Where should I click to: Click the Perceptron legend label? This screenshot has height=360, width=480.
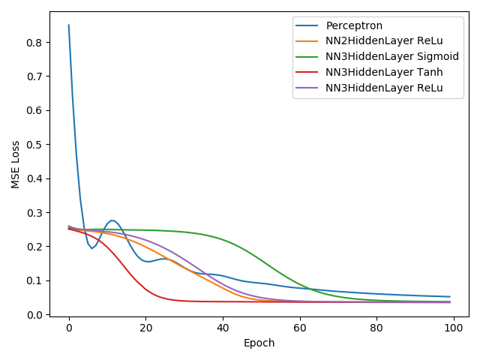pos(354,25)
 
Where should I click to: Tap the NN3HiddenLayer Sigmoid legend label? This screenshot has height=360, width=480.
pos(392,57)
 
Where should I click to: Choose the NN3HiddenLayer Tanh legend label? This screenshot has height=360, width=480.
pos(384,72)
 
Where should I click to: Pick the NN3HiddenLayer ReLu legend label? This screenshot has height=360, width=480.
pos(384,88)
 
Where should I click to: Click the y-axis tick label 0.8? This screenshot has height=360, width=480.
pos(34,43)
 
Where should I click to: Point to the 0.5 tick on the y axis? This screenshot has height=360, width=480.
pos(34,145)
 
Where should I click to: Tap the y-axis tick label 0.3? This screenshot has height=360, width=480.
pos(34,213)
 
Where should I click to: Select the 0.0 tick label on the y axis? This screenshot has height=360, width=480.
pos(34,315)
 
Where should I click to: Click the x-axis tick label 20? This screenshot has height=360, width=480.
pos(146,328)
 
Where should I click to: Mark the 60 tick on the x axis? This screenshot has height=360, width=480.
pos(300,328)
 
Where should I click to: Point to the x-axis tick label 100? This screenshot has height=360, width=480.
pos(453,328)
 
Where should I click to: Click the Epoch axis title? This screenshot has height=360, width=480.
pos(259,343)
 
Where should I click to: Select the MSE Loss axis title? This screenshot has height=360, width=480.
pos(15,165)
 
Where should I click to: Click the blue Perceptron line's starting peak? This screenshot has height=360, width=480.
pos(69,25)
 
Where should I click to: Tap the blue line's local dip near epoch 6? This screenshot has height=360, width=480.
pos(91,248)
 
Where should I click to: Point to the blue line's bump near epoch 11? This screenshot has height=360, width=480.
pos(112,220)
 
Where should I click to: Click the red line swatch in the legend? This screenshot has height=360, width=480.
pos(307,72)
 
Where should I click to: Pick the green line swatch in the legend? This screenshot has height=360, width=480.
pos(307,57)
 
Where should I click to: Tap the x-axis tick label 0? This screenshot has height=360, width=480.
pos(69,328)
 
